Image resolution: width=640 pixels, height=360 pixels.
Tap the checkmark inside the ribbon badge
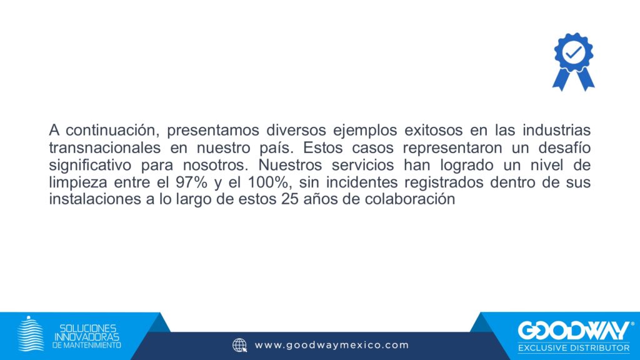point(574,52)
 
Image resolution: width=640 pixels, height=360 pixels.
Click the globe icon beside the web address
point(239,345)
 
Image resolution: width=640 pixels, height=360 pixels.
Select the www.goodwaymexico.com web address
point(331,345)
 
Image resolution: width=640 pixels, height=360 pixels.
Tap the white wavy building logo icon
point(31,334)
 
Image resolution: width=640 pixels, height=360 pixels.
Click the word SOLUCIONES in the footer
point(87,328)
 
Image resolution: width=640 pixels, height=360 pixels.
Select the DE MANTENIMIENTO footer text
point(86,345)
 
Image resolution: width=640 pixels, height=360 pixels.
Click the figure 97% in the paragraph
point(191,182)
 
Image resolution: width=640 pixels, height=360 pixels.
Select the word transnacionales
point(105,147)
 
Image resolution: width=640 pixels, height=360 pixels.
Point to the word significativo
point(90,165)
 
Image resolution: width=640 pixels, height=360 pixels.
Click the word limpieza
point(78,182)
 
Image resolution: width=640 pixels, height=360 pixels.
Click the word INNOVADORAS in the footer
point(87,337)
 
